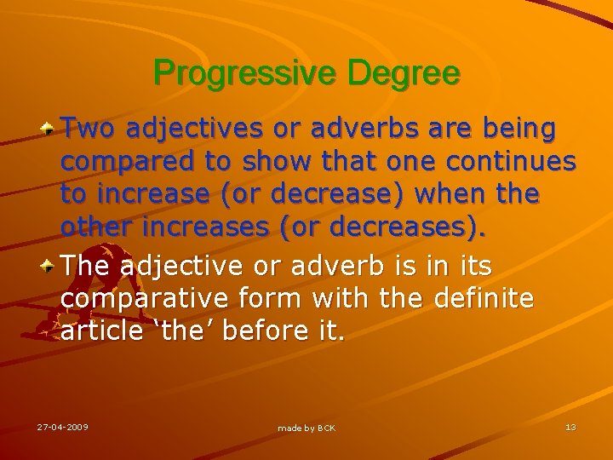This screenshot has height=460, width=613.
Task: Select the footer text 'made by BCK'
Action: [x=306, y=428]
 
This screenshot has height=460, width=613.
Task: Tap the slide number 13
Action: [x=570, y=427]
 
